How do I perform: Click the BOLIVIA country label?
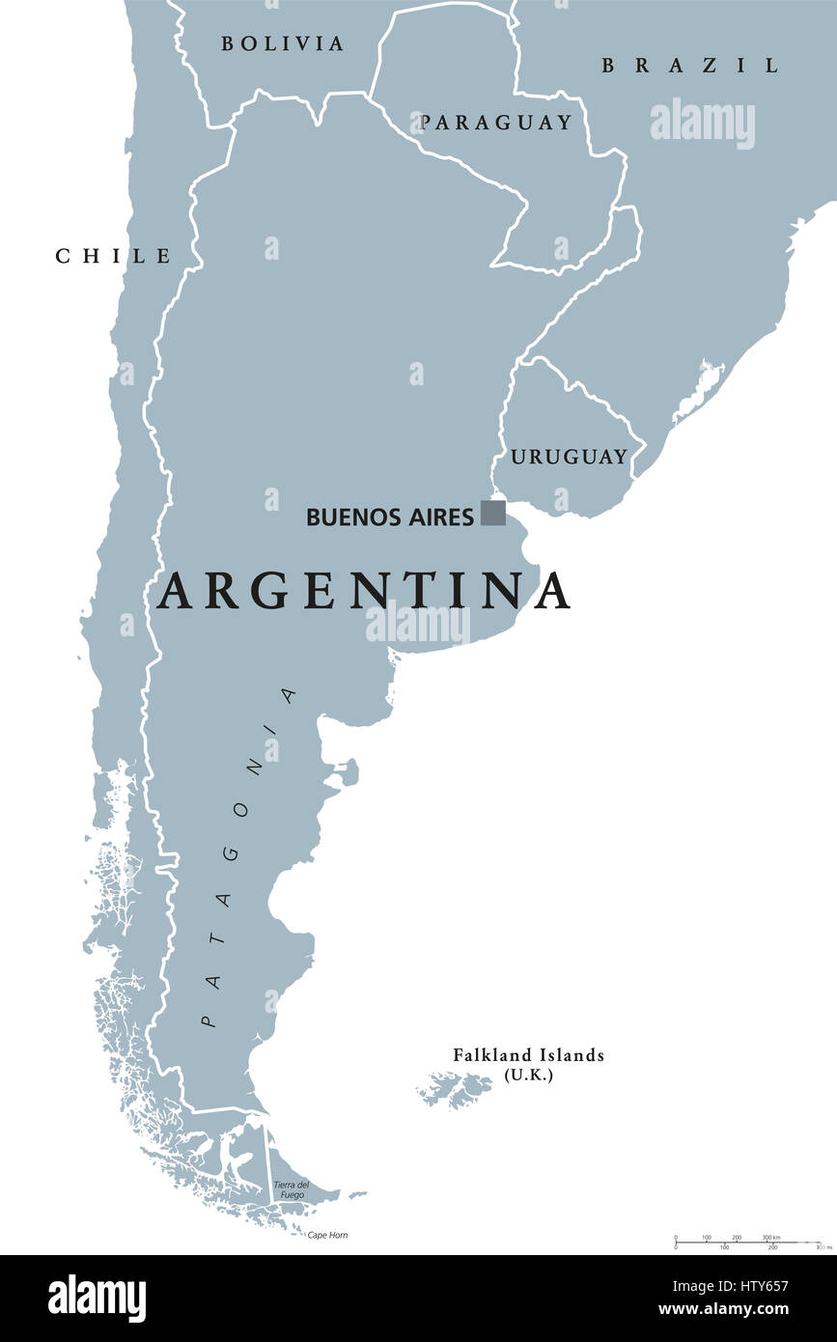(282, 43)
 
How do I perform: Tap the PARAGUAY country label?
(496, 123)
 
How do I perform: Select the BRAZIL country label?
(689, 66)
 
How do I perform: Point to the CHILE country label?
(113, 256)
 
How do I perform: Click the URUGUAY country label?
(569, 457)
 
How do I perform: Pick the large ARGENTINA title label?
(364, 591)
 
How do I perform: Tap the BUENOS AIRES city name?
(390, 517)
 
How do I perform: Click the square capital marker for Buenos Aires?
(493, 513)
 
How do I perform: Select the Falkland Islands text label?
(529, 1055)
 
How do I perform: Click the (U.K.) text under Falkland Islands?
(529, 1075)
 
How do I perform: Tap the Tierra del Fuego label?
(291, 1189)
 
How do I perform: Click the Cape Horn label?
(327, 1235)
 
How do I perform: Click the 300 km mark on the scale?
(771, 1237)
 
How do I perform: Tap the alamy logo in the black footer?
(97, 1299)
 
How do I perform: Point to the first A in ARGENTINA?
(177, 591)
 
